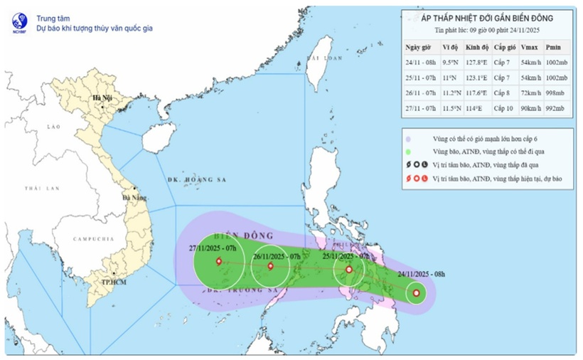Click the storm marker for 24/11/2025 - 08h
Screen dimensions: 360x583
pyautogui.click(x=416, y=293)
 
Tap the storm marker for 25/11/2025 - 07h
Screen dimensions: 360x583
pyautogui.click(x=348, y=270)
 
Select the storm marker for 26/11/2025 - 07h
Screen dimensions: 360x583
pyautogui.click(x=270, y=267)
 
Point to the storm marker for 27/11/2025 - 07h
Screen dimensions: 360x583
pyautogui.click(x=218, y=262)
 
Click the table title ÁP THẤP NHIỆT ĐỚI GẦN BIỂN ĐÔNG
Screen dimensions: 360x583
pyautogui.click(x=486, y=18)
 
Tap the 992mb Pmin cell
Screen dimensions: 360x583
pyautogui.click(x=555, y=108)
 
